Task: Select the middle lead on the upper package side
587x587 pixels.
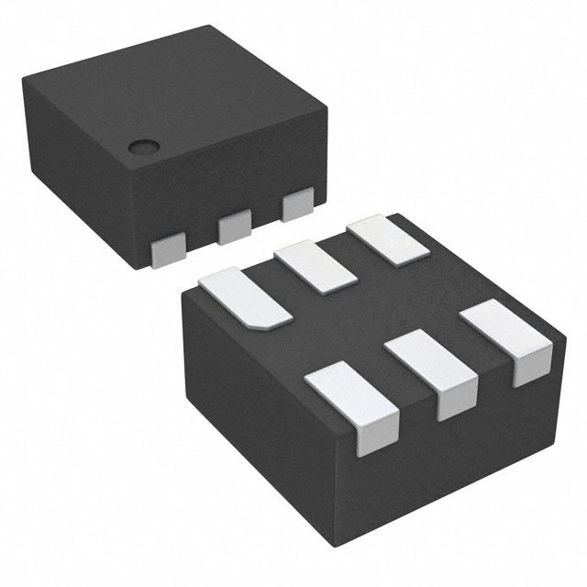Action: [235, 226]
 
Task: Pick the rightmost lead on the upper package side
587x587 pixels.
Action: [297, 205]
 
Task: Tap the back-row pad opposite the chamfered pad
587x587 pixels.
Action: [388, 238]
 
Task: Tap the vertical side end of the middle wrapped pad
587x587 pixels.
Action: [452, 402]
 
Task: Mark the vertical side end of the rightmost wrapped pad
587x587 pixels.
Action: [529, 367]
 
